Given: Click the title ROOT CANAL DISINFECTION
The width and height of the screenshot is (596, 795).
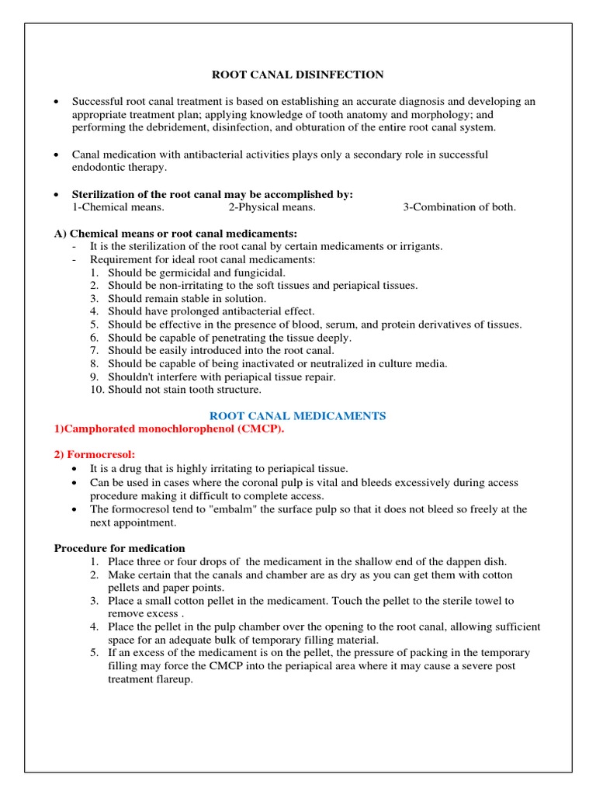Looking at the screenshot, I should tap(298, 75).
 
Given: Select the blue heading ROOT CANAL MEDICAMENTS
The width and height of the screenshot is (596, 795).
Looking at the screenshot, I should tap(298, 415).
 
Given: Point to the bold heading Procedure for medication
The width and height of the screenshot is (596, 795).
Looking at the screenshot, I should tap(119, 548).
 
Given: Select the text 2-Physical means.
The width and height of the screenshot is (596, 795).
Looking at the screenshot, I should tap(272, 207).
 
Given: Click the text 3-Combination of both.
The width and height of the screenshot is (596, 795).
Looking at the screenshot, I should tap(459, 207).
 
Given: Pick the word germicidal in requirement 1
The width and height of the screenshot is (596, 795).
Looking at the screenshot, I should tap(177, 273).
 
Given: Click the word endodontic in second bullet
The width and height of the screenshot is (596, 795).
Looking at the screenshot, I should tap(99, 167).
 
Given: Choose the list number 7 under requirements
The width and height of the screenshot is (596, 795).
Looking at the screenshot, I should tap(94, 350).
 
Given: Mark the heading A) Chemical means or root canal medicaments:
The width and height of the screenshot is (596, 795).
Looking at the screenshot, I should tap(175, 233).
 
